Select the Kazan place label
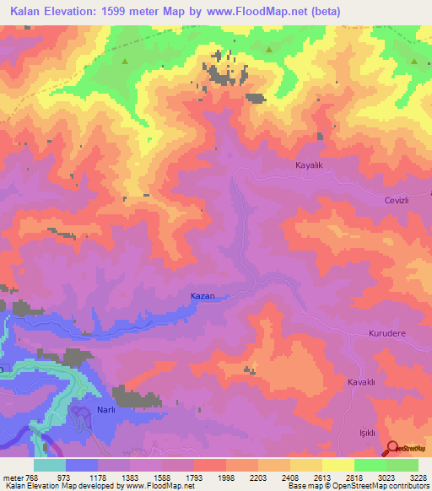pos(202,296)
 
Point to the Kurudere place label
pos(387,333)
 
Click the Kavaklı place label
pos(360,382)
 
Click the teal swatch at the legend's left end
pos(49,465)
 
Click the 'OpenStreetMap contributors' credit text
pos(385,487)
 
